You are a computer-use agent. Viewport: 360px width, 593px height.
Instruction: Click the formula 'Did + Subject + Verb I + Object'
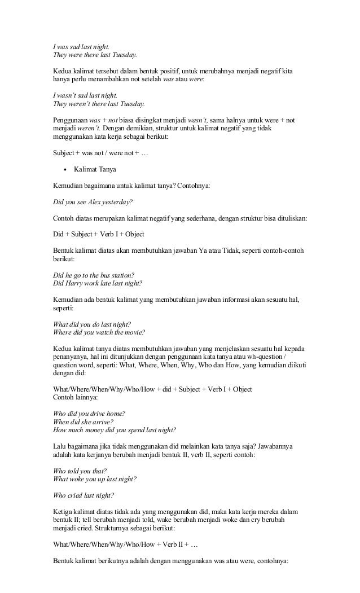pos(98,234)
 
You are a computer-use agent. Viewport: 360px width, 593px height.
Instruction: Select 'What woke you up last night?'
pos(94,479)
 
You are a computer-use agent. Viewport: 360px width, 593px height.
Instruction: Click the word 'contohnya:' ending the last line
pos(282,561)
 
